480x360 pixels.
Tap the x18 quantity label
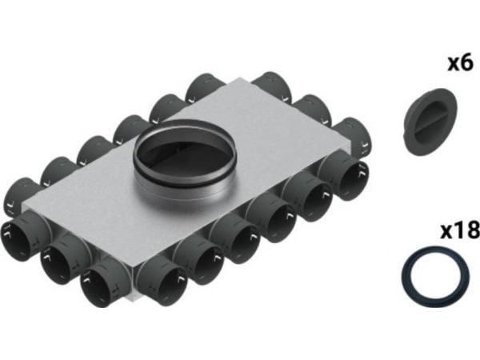[460, 230]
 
